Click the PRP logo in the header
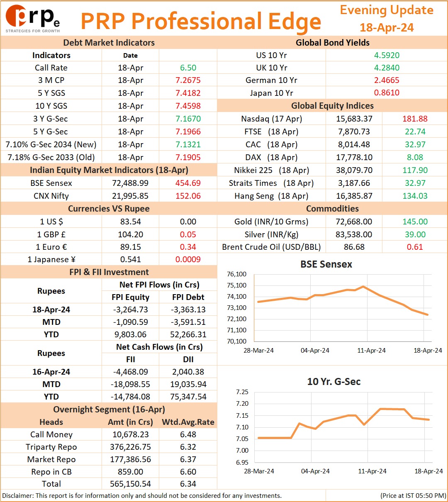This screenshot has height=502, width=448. point(32,19)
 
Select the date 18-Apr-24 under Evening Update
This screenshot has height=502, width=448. point(387,27)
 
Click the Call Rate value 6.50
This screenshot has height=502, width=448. point(188,68)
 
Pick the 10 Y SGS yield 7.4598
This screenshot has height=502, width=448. point(188,106)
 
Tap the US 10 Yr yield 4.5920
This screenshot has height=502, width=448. point(387,55)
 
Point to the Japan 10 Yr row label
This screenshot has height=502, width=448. point(271,93)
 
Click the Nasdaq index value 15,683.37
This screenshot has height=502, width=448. point(354,119)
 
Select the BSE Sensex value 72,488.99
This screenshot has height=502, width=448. point(130,183)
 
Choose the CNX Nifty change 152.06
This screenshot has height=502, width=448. point(188,196)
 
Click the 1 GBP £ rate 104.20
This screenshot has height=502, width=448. point(130,234)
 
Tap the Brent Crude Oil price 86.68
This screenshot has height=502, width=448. point(354,247)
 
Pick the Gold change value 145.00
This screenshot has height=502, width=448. point(415,222)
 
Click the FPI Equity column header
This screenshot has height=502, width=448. point(130,297)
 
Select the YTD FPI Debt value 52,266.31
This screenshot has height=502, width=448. point(188,334)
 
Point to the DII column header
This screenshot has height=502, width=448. point(188,359)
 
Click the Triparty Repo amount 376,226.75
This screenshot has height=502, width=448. point(130,447)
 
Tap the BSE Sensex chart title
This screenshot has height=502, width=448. point(326,264)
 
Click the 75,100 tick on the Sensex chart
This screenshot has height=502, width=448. point(236,285)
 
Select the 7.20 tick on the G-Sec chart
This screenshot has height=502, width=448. point(242,404)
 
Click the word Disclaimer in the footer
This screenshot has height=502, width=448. point(17,495)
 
